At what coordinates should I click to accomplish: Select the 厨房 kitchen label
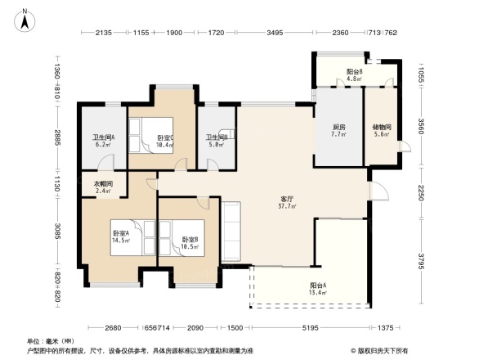coord(338,126)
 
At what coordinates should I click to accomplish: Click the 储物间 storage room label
coord(382,127)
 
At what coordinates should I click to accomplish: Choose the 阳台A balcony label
coord(295,286)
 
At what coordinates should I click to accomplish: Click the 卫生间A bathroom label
coord(102,137)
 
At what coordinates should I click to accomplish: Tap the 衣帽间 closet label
coord(103,184)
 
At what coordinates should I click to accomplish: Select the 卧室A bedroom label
coord(121,233)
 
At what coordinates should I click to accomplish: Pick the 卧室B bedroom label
coord(190,240)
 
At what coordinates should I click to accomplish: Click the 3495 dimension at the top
coord(275,33)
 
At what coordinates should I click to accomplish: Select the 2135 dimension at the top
coord(103,33)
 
